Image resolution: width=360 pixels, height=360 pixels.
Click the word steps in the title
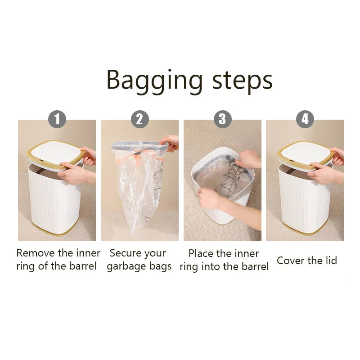coord(242,81)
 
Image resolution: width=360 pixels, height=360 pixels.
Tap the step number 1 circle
coord(57,119)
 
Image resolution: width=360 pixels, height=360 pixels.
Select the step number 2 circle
coord(140,119)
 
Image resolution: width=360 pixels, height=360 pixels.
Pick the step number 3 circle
coord(222,119)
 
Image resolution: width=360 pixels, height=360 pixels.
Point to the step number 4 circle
coord(305,119)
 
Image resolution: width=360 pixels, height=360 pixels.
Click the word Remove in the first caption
coord(36,253)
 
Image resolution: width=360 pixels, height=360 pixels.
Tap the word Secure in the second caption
coord(126,253)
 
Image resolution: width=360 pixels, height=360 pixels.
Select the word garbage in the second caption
coord(127,267)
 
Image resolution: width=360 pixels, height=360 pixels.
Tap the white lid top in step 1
coord(55,152)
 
